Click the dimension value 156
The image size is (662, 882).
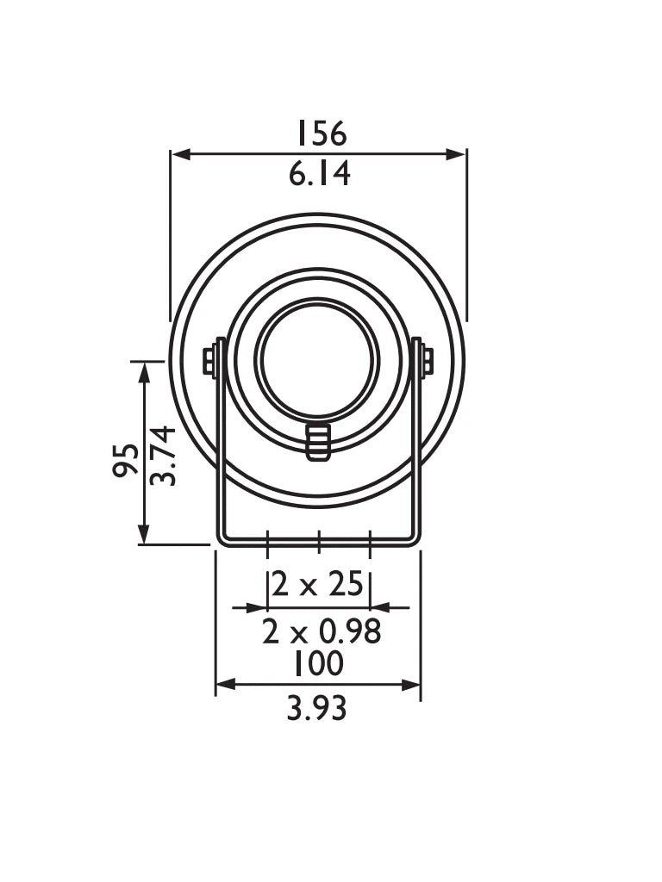[x=321, y=134]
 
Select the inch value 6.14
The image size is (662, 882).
[x=320, y=175]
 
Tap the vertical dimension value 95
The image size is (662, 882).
[x=126, y=459]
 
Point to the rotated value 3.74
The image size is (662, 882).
[x=163, y=456]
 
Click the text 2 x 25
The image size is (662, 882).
[x=319, y=585]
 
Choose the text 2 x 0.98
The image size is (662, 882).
[x=322, y=633]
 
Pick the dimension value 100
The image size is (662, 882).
[x=318, y=664]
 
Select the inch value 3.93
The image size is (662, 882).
[x=317, y=709]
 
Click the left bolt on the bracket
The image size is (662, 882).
[x=209, y=361]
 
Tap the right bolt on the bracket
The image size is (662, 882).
[x=427, y=361]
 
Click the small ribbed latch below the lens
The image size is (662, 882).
[x=318, y=441]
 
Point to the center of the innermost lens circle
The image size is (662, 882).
[x=317, y=360]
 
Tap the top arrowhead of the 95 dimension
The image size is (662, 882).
[x=144, y=370]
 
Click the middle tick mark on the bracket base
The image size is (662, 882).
[x=319, y=541]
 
